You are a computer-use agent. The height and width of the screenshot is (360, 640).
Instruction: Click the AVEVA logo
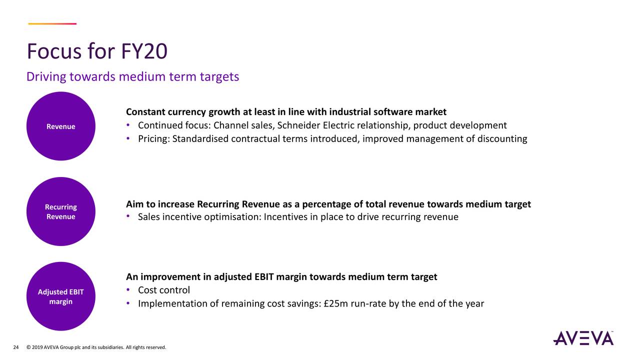click(583, 338)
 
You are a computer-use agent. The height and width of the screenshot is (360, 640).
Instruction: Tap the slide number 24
click(15, 347)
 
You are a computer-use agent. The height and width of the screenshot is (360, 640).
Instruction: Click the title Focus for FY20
click(97, 51)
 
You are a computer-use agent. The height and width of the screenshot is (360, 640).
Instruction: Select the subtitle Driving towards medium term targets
click(132, 76)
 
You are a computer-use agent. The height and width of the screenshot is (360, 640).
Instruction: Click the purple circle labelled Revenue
click(61, 126)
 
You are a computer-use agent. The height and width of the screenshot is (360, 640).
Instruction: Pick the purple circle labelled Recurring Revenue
click(61, 211)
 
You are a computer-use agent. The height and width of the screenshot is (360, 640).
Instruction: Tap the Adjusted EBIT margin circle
click(61, 296)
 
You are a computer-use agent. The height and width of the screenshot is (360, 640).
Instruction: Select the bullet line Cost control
click(164, 290)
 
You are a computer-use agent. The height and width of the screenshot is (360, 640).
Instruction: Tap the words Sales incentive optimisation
click(199, 216)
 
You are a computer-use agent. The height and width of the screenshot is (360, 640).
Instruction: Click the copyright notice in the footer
click(95, 347)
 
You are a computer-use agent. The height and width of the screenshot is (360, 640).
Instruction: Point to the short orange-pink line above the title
click(52, 23)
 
